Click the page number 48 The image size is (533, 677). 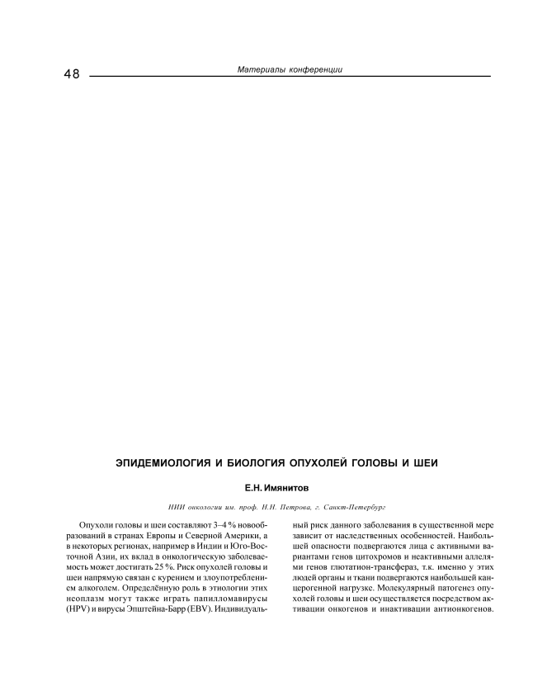tap(71, 73)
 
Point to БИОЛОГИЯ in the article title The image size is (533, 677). tap(258, 463)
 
